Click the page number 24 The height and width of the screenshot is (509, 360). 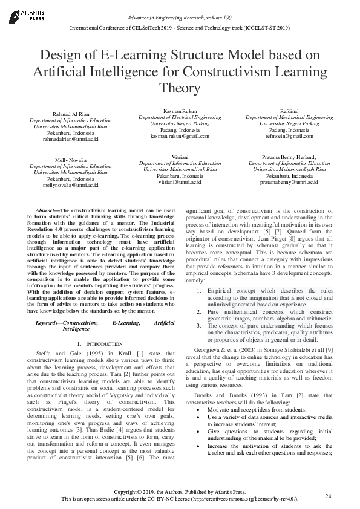[328, 496]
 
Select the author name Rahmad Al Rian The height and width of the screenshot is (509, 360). [70, 114]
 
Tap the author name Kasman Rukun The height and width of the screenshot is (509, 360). [180, 111]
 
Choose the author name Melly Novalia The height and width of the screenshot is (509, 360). [70, 160]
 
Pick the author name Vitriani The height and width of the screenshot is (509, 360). [180, 157]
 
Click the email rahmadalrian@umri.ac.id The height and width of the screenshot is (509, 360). [70, 138]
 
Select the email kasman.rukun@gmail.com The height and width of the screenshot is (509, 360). [180, 136]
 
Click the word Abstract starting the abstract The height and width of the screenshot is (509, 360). [48, 210]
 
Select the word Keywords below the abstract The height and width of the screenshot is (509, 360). [50, 323]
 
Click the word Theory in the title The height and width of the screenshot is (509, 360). [180, 88]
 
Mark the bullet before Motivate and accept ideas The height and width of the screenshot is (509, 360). [199, 409]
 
